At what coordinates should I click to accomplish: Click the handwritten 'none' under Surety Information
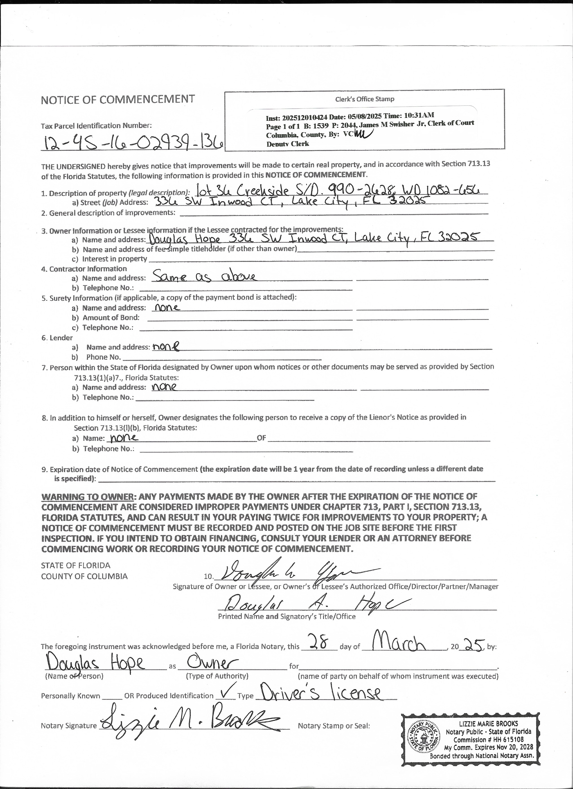click(167, 307)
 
